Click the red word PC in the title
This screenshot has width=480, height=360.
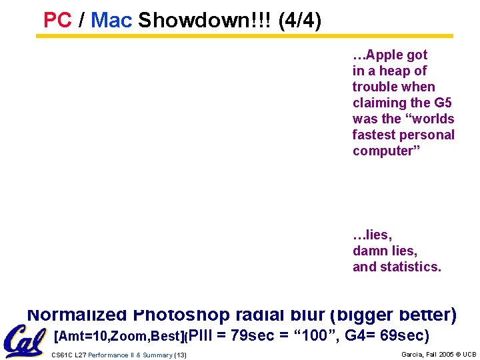(x=57, y=21)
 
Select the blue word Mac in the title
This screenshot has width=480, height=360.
(x=111, y=21)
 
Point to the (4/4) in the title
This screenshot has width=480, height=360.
(x=299, y=21)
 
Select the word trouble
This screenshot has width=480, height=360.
(x=375, y=87)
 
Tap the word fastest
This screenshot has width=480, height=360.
(x=377, y=135)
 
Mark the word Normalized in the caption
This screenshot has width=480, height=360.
(x=77, y=314)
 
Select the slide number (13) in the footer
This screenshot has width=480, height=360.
(x=180, y=355)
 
